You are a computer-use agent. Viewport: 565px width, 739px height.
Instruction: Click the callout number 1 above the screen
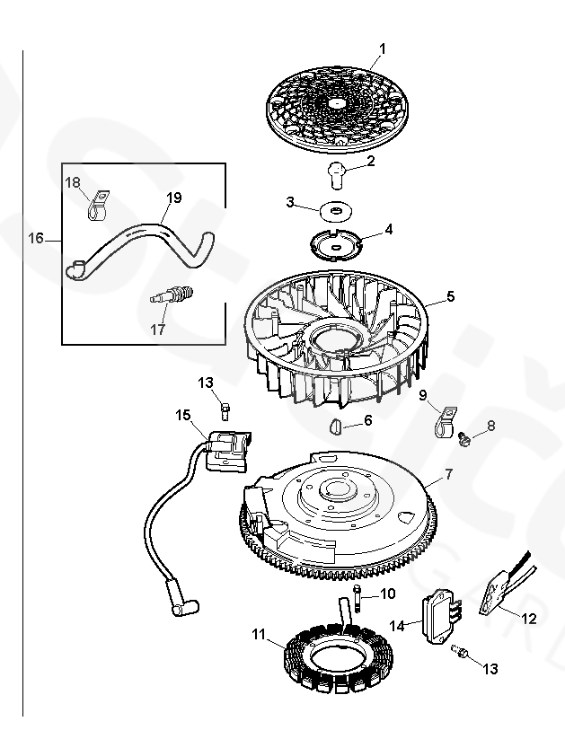383,48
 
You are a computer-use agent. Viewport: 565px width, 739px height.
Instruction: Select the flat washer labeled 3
336,210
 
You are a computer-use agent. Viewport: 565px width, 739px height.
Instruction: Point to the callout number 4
388,230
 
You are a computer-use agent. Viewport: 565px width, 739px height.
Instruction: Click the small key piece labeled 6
336,427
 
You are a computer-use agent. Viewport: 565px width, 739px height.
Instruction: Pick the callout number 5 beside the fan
451,296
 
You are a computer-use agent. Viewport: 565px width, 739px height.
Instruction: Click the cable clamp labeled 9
445,421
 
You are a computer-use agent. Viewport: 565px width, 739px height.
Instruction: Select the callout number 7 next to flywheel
448,475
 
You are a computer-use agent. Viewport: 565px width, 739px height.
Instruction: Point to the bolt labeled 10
357,599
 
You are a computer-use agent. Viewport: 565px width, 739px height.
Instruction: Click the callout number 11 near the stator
259,634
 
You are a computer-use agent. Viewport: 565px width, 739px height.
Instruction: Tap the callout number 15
183,415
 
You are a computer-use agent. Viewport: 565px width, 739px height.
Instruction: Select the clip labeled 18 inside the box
98,205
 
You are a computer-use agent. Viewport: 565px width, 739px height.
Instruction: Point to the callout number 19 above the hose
174,197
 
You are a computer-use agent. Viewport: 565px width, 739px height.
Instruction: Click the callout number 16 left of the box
36,238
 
